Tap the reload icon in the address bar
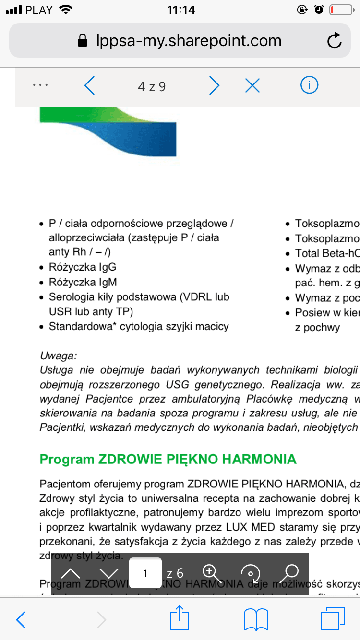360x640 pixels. pos(334,41)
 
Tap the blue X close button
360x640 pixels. pos(252,86)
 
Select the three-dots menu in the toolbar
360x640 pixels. pos(40,85)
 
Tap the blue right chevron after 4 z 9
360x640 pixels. pos(214,86)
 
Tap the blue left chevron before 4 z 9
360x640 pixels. pos(89,86)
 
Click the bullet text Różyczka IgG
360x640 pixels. pos(82,267)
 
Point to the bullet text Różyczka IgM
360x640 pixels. pos(83,282)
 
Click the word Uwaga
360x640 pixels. pos(58,356)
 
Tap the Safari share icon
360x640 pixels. pos(180,619)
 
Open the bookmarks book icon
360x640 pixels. pos(256,620)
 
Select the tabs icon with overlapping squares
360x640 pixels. pos(332,619)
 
